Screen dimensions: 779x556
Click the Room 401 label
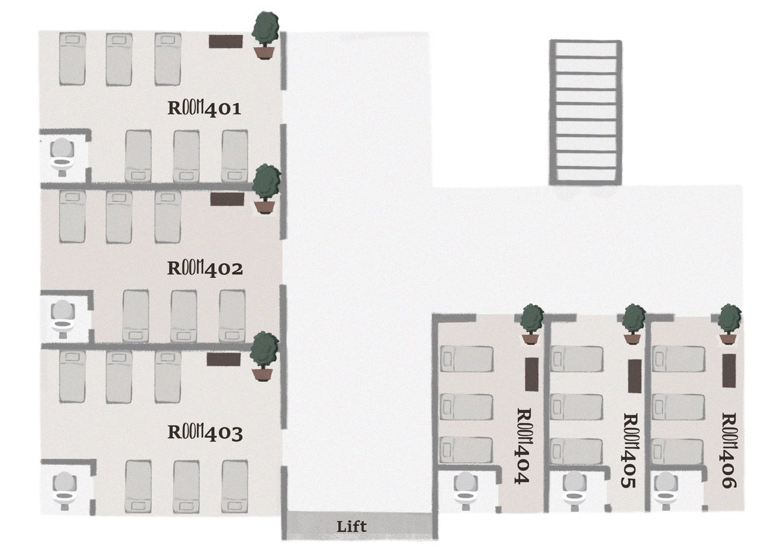tap(204, 108)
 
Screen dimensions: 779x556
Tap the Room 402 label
tap(205, 269)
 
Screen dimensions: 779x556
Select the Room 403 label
tap(205, 432)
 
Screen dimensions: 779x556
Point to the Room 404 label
tap(523, 446)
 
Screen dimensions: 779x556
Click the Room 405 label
tap(630, 450)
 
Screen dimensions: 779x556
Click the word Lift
tap(351, 526)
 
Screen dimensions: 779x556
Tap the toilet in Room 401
tap(62, 157)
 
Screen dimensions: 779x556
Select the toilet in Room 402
tap(62, 319)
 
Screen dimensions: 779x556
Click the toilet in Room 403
tap(65, 490)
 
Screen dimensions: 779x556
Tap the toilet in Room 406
tap(665, 491)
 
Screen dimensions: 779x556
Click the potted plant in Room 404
tap(532, 324)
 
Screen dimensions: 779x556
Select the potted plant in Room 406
tap(729, 324)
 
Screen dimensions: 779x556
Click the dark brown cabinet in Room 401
tap(226, 42)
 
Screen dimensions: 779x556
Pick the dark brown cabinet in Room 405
tap(635, 376)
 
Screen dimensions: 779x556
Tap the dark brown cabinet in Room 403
tap(223, 359)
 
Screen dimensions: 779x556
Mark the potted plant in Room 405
tap(633, 324)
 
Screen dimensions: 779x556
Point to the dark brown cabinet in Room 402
tap(227, 199)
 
